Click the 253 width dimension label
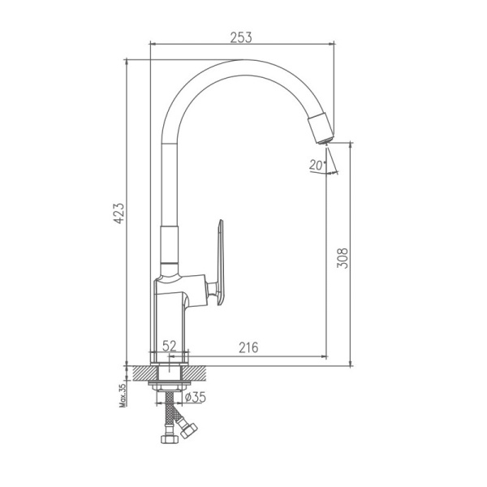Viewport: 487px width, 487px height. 241,37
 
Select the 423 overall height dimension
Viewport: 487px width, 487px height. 118,213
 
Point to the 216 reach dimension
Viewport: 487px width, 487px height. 248,347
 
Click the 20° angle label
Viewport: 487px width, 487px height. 317,164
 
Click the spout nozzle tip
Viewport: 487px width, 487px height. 321,130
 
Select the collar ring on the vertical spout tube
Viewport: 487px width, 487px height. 170,267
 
